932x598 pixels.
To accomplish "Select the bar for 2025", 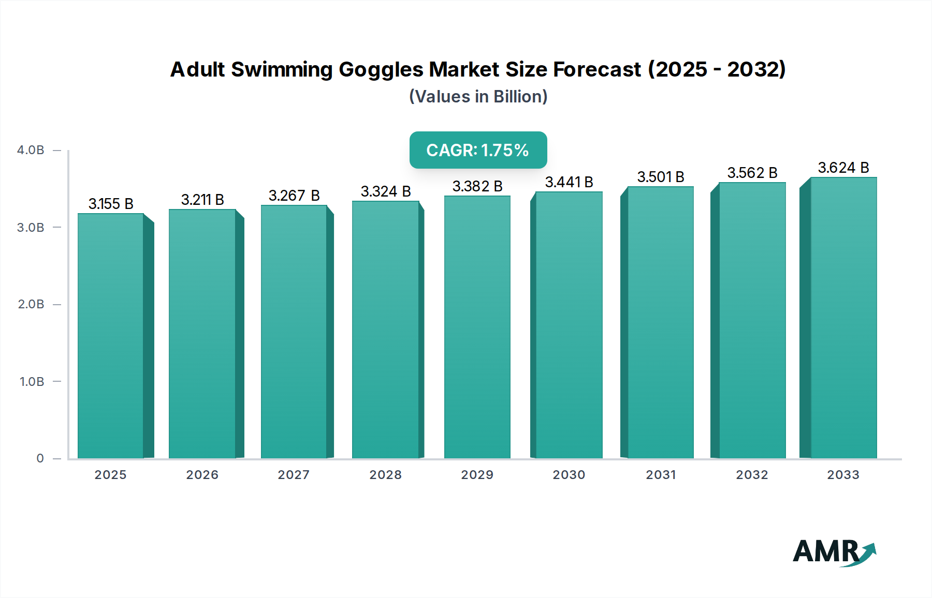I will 111,336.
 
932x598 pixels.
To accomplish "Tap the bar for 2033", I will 843,318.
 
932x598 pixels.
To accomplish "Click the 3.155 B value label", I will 111,204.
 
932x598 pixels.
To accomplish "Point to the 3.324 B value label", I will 386,191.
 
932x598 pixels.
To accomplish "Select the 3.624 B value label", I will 843,168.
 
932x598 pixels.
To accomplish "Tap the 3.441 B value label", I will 569,182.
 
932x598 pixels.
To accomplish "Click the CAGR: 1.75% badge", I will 478,150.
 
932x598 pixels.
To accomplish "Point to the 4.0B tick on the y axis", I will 31,150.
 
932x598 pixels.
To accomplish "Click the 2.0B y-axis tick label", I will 31,304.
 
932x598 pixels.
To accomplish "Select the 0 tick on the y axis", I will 40,458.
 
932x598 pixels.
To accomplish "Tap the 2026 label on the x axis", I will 202,475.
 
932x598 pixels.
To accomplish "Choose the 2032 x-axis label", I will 752,475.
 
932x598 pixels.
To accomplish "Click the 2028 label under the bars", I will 386,475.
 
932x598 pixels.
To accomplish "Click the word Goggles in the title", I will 381,69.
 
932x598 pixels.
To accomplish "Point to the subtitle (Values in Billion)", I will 478,97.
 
